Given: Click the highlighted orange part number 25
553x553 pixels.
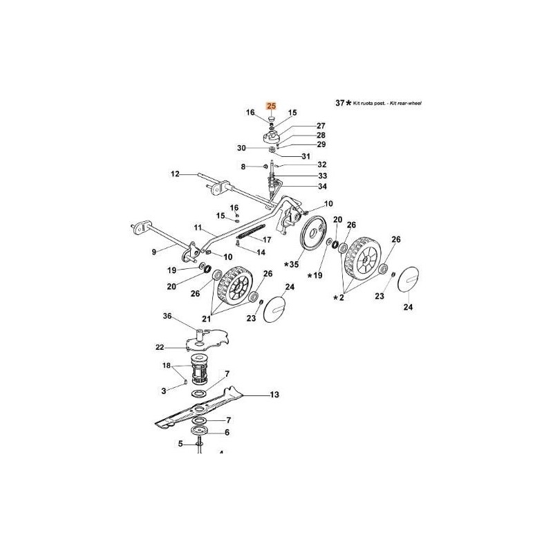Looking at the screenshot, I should [x=272, y=106].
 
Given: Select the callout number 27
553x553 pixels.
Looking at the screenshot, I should [x=301, y=125].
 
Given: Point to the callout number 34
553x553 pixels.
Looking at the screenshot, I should [x=303, y=186].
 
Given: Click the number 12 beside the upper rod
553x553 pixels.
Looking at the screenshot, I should [x=175, y=174].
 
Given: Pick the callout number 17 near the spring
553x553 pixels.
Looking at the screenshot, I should [x=267, y=240].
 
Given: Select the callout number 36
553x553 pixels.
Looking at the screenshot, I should [x=167, y=316].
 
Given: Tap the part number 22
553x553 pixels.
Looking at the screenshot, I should [x=160, y=346].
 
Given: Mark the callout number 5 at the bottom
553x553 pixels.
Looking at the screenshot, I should [x=180, y=444].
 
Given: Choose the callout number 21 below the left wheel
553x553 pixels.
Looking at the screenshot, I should [x=206, y=319].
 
